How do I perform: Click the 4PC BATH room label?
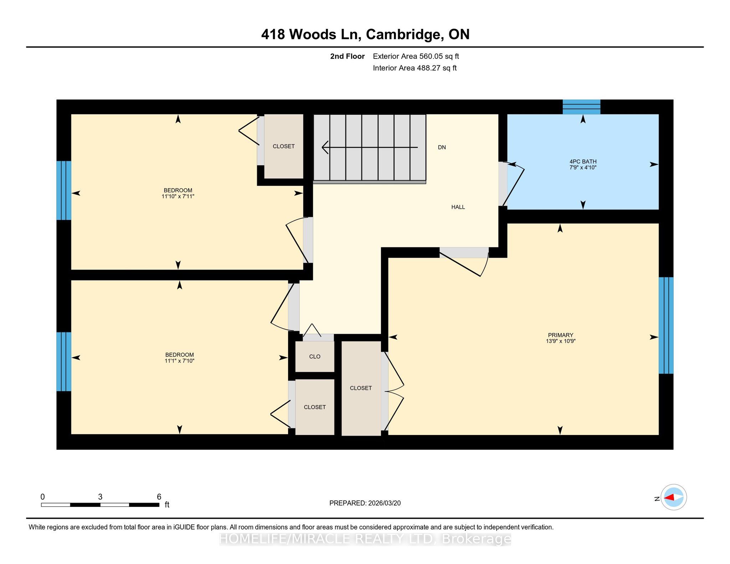click(583, 161)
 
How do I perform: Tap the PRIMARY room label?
click(560, 335)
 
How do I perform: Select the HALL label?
click(458, 207)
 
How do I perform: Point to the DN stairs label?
click(442, 147)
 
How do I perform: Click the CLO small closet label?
click(315, 357)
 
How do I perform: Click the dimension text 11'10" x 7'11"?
click(178, 196)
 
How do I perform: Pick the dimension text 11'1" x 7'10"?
click(179, 361)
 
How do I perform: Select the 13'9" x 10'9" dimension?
click(561, 341)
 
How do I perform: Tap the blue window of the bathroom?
click(581, 107)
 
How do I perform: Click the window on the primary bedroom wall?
click(666, 325)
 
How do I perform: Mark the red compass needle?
click(669, 497)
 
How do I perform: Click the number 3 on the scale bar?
click(100, 497)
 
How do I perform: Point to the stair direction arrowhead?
click(325, 147)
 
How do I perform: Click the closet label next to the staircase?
click(284, 146)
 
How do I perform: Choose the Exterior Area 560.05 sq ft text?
click(416, 56)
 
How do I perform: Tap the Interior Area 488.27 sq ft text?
click(415, 68)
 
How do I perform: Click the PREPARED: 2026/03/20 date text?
click(365, 503)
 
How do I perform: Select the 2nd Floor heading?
click(347, 56)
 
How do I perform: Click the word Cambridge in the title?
click(402, 35)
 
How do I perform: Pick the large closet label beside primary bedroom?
click(361, 388)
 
